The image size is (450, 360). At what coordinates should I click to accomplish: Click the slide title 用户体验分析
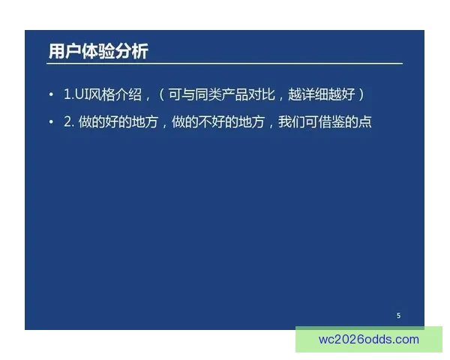[x=98, y=51]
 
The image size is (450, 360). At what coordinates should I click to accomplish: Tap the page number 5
[x=398, y=316]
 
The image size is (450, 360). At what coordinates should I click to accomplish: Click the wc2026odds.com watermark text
[x=369, y=339]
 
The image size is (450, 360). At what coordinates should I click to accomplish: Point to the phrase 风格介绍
[x=118, y=94]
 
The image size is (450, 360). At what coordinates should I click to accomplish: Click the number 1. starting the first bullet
[x=67, y=94]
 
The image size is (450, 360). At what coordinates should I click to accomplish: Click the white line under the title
[x=225, y=64]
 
